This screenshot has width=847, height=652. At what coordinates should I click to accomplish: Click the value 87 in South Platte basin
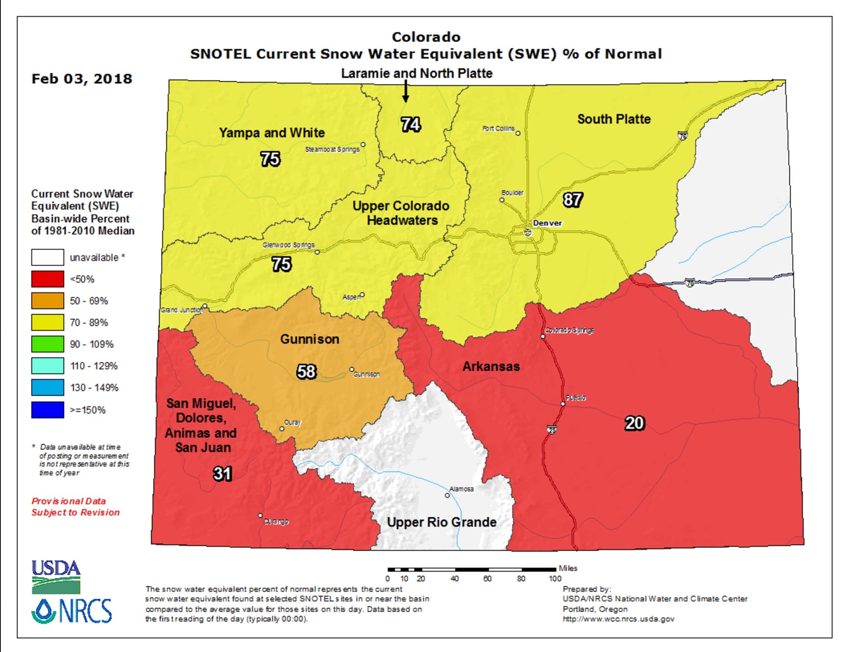point(572,200)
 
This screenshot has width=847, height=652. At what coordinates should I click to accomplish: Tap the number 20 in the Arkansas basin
point(634,423)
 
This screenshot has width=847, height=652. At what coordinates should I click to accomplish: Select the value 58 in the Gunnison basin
point(306,371)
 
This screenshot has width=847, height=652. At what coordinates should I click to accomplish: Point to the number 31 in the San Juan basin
point(222,474)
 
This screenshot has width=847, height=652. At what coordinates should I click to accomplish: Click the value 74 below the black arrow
point(411,124)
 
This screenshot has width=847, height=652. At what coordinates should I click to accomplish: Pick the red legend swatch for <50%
point(47,279)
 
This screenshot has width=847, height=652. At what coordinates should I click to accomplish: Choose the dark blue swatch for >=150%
point(47,410)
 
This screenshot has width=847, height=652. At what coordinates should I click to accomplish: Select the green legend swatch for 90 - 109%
point(47,344)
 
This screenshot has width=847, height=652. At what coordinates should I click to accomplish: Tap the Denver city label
point(547,223)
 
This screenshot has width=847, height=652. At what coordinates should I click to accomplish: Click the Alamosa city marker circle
point(447,495)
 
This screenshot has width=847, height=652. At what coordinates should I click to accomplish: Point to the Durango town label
point(277,522)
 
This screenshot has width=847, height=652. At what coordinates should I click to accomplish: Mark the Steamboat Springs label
point(332,149)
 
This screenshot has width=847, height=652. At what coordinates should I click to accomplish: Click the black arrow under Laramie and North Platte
point(405,92)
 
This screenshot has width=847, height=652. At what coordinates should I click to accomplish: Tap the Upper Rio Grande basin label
point(442,522)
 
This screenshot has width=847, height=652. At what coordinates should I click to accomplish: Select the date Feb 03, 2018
point(82,79)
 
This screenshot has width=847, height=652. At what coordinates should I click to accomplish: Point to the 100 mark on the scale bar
point(555,579)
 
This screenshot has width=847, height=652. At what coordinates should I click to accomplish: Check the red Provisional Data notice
point(75,507)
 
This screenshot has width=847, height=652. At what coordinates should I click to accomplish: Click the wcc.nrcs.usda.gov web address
point(618,619)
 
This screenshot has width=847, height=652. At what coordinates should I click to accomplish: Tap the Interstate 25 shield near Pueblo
point(552,430)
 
